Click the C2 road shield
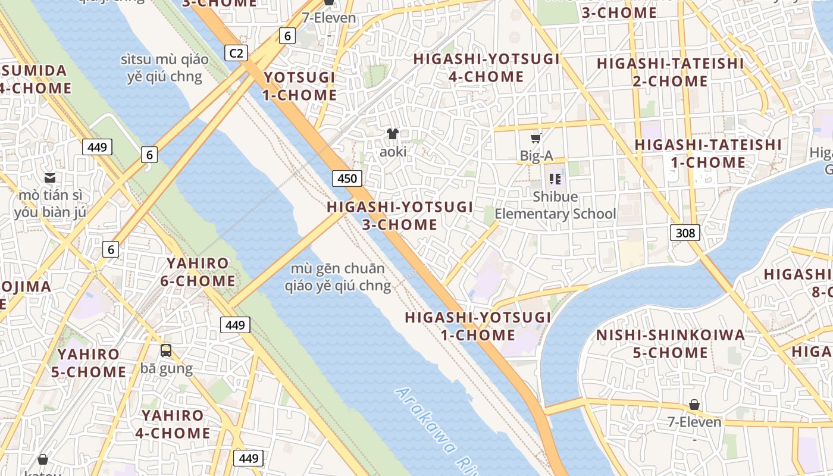(x=236, y=54)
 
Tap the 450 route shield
(x=347, y=178)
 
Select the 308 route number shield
(x=685, y=233)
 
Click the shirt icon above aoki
(x=393, y=134)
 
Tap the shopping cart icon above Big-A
(x=535, y=139)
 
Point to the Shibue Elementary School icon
(x=555, y=178)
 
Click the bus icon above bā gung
(x=166, y=350)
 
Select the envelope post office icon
(x=50, y=177)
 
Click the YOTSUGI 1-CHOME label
(x=300, y=86)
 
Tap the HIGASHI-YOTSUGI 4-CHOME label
(x=486, y=68)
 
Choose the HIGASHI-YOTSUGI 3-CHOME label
(x=400, y=216)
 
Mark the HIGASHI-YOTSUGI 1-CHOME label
(x=478, y=326)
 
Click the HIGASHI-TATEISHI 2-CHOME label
(x=670, y=72)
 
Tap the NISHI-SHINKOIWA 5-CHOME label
(x=670, y=344)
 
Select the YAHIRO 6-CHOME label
(x=198, y=272)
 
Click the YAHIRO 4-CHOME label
(x=173, y=424)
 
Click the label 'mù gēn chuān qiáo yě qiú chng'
(x=337, y=277)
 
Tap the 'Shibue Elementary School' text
(x=555, y=205)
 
